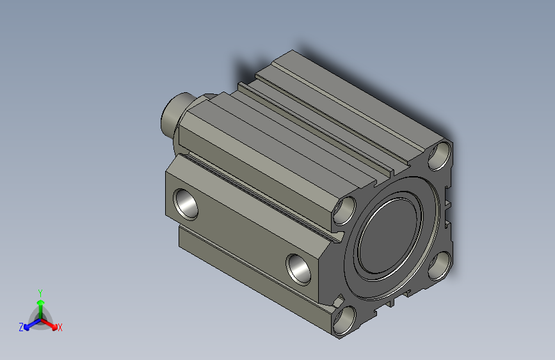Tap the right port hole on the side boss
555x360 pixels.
(x=298, y=268)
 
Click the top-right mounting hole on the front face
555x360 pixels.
(x=440, y=156)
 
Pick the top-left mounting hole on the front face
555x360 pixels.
(x=345, y=211)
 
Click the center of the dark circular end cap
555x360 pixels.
(x=391, y=238)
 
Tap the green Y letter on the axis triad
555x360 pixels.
(x=40, y=291)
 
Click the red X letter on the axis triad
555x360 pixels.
(x=60, y=328)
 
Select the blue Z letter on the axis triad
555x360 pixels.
(x=20, y=327)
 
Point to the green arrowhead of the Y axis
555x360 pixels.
(x=40, y=301)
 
